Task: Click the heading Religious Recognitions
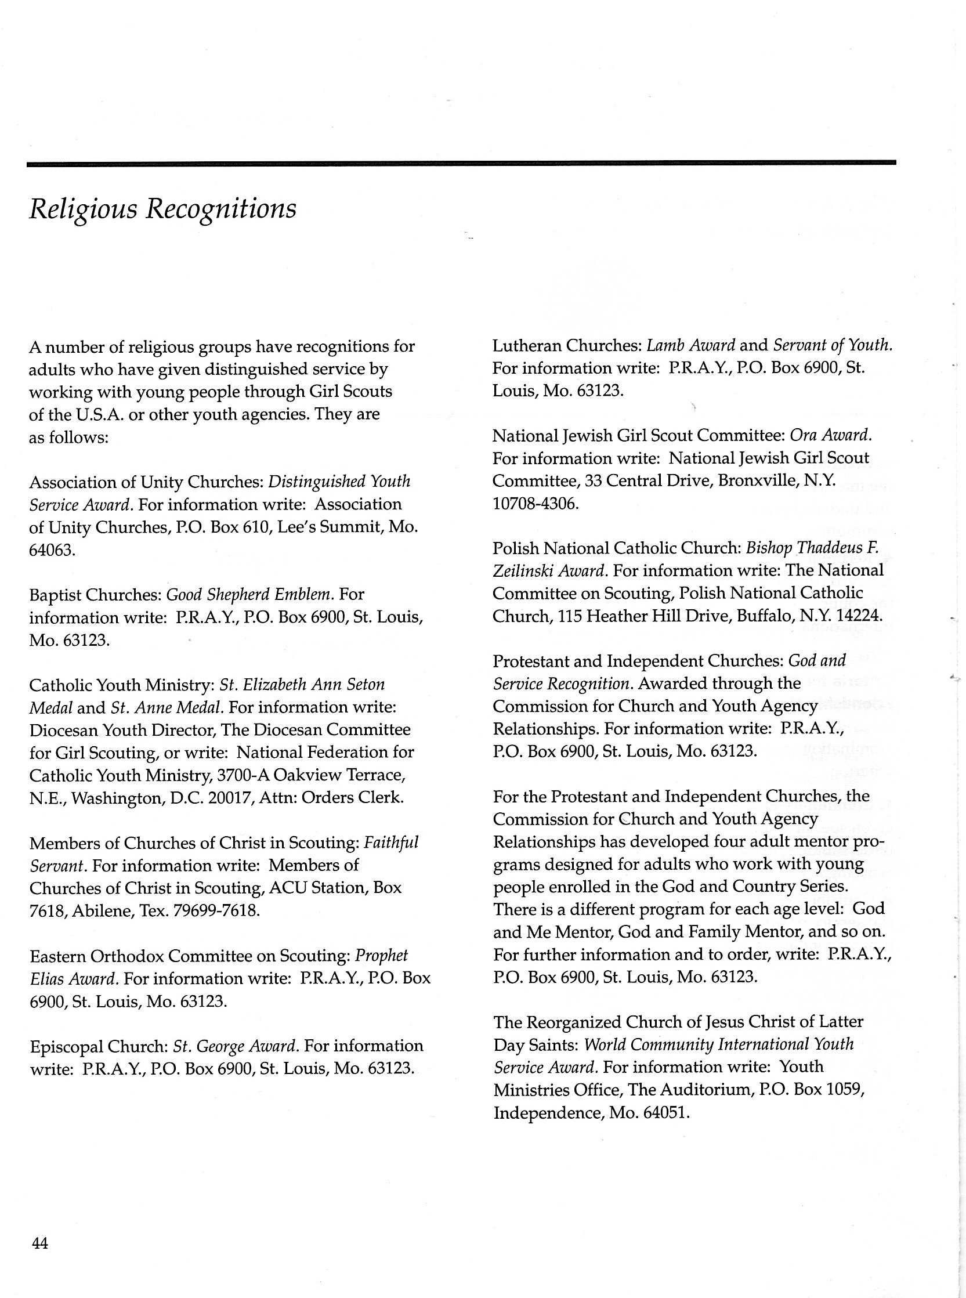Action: click(162, 209)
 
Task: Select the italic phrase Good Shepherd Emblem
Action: click(249, 595)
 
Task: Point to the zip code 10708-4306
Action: click(535, 504)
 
